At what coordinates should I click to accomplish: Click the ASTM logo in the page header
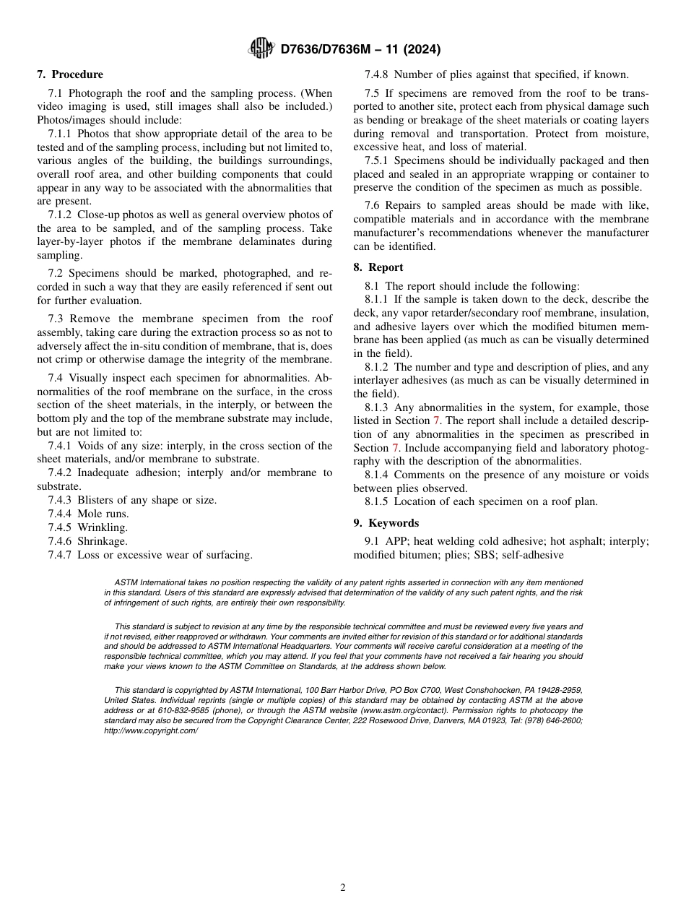(x=261, y=49)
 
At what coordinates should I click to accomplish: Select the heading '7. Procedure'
(x=70, y=74)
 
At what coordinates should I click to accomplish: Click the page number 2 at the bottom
(x=343, y=888)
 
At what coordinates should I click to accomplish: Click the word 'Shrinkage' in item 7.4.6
(x=103, y=541)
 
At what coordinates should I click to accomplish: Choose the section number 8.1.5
(x=376, y=502)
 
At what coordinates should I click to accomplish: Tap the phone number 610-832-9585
(x=168, y=710)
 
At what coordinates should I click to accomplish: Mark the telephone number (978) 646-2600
(x=550, y=720)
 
